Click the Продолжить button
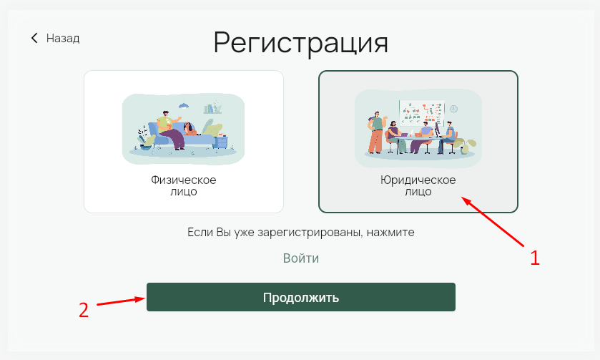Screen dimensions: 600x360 [x=301, y=297]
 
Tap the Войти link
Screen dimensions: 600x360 [x=301, y=258]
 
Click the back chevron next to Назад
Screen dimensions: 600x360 [x=34, y=38]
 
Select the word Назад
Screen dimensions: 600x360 [x=63, y=39]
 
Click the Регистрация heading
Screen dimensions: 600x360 [x=301, y=43]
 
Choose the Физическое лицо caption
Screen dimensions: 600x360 [x=184, y=185]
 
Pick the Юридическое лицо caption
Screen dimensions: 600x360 [x=418, y=185]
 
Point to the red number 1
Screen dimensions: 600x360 [x=535, y=258]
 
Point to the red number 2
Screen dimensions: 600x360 [x=84, y=310]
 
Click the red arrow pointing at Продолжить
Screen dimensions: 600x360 [x=121, y=301]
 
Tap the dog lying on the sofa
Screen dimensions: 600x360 [x=190, y=129]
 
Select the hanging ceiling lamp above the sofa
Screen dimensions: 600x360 [x=184, y=105]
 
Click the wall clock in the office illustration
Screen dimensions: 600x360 [x=453, y=109]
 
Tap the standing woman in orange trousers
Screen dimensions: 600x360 [x=375, y=132]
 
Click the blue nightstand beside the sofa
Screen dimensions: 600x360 [x=221, y=142]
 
